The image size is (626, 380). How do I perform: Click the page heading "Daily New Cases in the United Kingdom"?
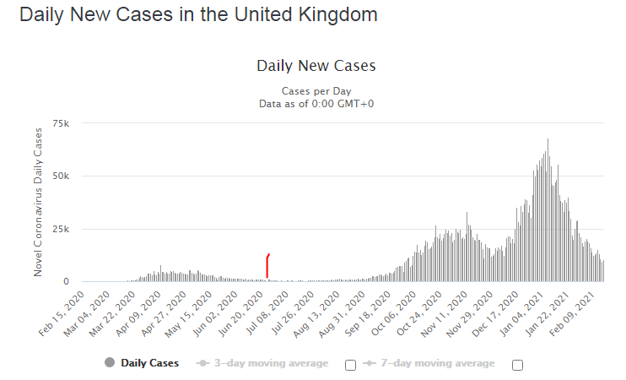click(x=198, y=15)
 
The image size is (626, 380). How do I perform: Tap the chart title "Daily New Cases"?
click(x=316, y=66)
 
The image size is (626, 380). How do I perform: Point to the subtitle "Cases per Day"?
click(x=316, y=91)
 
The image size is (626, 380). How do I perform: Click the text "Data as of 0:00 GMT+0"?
click(x=316, y=103)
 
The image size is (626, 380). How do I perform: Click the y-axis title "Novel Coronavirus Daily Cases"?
click(x=38, y=203)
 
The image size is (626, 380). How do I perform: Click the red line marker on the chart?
click(x=267, y=265)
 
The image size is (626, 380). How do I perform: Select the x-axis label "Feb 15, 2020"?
click(x=63, y=312)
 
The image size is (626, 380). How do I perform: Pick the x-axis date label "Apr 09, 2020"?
click(x=140, y=312)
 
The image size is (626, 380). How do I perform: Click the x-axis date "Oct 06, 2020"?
click(x=397, y=312)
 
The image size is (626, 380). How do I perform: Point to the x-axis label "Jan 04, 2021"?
click(x=525, y=312)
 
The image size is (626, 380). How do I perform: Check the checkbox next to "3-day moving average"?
click(x=350, y=365)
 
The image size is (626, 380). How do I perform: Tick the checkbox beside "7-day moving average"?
click(x=518, y=365)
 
